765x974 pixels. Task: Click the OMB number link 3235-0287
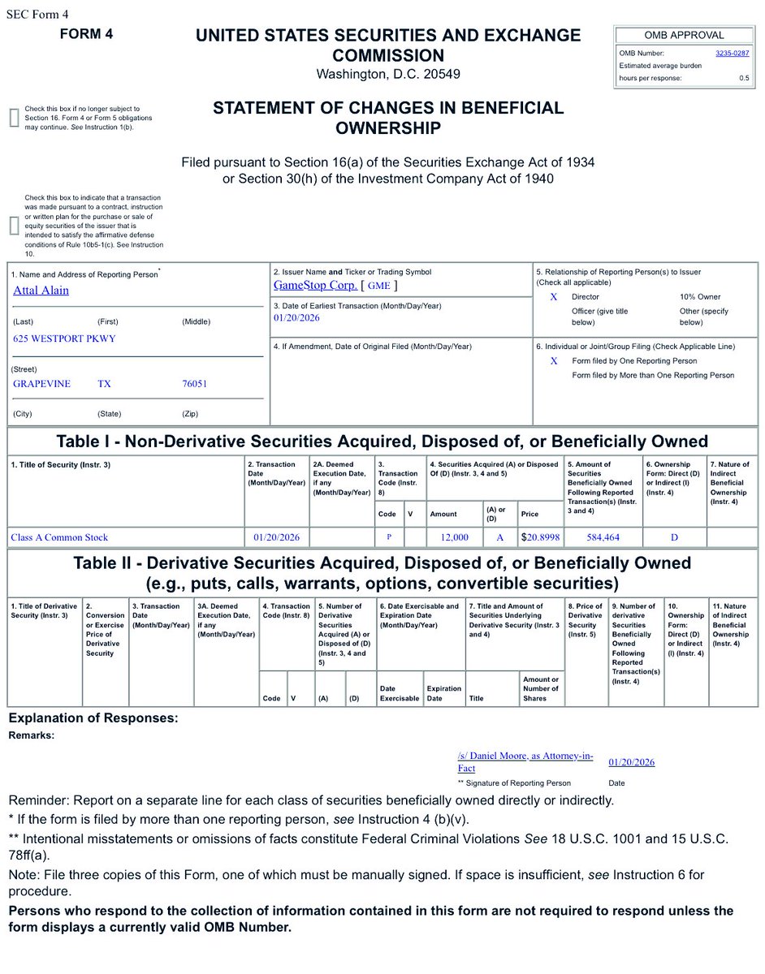coord(732,53)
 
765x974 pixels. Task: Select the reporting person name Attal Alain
coord(41,291)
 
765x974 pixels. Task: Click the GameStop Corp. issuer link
coord(315,286)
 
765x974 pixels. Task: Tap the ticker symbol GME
coord(379,286)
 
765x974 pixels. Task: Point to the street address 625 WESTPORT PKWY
coord(64,339)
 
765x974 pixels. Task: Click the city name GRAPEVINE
coord(42,384)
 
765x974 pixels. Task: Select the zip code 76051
coord(194,384)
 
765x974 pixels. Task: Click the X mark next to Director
coord(554,297)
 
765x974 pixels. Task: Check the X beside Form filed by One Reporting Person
coord(554,360)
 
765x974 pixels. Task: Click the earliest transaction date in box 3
coord(296,318)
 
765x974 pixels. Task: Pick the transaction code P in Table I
coord(389,537)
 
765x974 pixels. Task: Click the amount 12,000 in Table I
coord(454,537)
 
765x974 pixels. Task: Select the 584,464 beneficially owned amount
coord(603,537)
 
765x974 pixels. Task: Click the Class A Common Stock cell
coord(59,537)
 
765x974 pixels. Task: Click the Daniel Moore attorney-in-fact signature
coord(525,761)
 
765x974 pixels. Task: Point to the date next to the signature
coord(631,762)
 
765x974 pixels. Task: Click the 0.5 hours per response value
coord(744,78)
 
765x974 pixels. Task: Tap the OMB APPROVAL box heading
coord(684,35)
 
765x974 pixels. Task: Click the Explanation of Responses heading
coord(93,718)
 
